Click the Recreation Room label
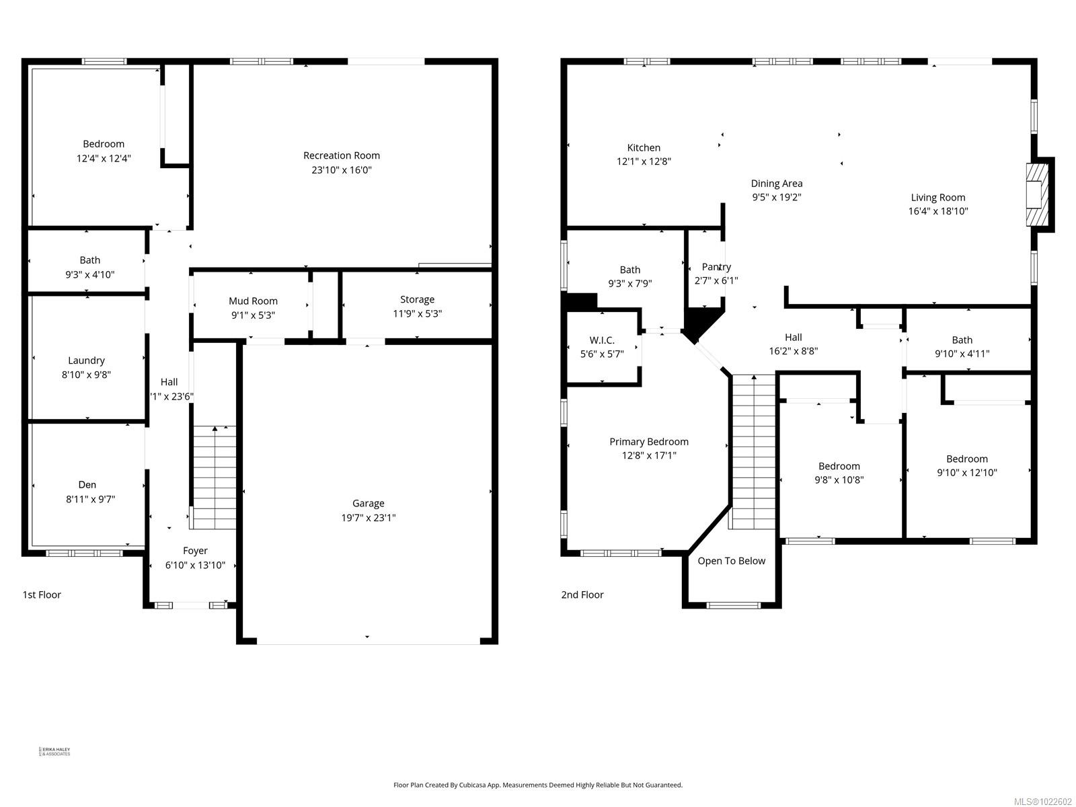[x=342, y=155]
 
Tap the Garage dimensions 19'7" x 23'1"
[x=368, y=518]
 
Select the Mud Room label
[x=253, y=301]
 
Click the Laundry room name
[x=86, y=360]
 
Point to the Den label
[x=87, y=484]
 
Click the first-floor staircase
[x=214, y=477]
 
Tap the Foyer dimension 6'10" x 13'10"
[x=195, y=566]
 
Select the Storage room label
[x=417, y=299]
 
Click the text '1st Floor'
[x=42, y=594]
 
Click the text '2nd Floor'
[x=582, y=594]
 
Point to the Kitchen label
[x=644, y=147]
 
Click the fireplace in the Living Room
[x=1036, y=195]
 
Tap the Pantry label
[x=716, y=267]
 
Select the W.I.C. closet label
[x=602, y=340]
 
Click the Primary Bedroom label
[x=649, y=442]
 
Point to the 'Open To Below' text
[x=731, y=561]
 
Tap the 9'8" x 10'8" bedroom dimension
[x=839, y=480]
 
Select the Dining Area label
[x=777, y=183]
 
